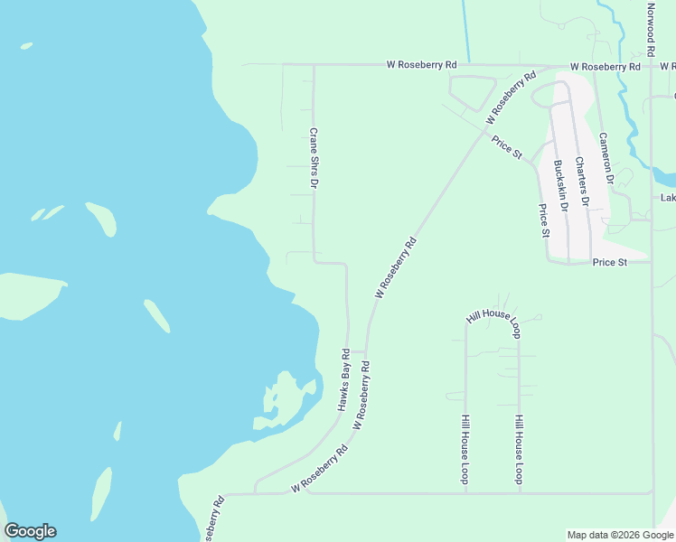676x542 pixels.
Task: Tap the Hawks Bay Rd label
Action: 344,378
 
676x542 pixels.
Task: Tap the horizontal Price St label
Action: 610,262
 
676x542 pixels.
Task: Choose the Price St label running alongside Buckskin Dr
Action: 544,220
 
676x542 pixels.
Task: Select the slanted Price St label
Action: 507,147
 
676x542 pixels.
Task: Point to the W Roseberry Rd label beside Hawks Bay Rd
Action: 365,393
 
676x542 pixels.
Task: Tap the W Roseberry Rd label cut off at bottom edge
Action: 215,519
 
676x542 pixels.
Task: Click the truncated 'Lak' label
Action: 668,198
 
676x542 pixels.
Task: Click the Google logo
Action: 30,531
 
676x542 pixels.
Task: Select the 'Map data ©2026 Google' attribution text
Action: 620,535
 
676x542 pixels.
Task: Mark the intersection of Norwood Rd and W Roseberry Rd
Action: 652,66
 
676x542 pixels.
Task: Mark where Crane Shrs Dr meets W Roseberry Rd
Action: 314,65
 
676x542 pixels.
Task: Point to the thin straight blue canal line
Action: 465,30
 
